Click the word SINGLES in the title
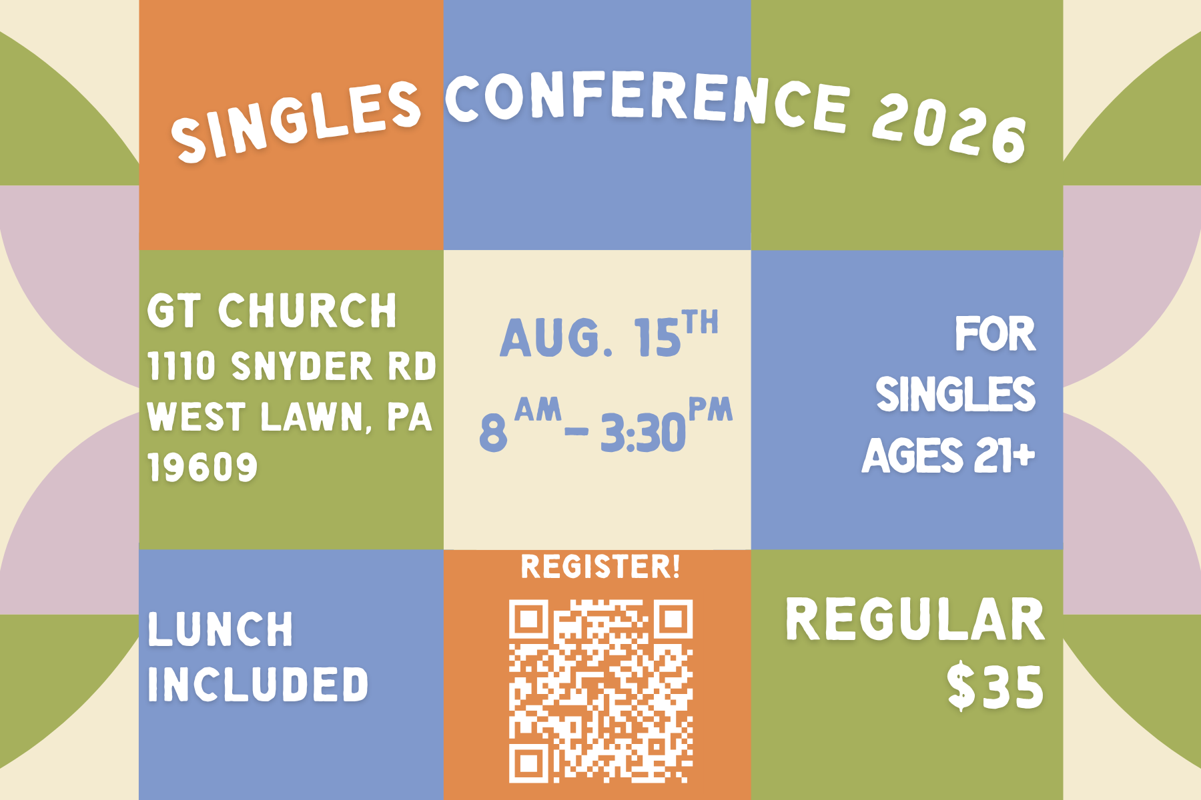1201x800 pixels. [296, 121]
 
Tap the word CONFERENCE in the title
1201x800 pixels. [648, 99]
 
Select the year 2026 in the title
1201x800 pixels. [949, 128]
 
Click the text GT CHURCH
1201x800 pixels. [272, 311]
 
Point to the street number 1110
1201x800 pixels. [181, 367]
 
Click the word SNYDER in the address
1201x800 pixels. [302, 367]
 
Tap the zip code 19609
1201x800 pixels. [202, 467]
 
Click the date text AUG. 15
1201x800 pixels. [590, 337]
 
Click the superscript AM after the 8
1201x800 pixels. [538, 409]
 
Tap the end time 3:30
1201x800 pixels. [643, 433]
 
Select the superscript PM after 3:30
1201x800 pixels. [711, 409]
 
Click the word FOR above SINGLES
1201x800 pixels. [995, 334]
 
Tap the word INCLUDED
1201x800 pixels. [258, 684]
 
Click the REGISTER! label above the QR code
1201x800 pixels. [600, 567]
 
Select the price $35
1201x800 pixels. [995, 687]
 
